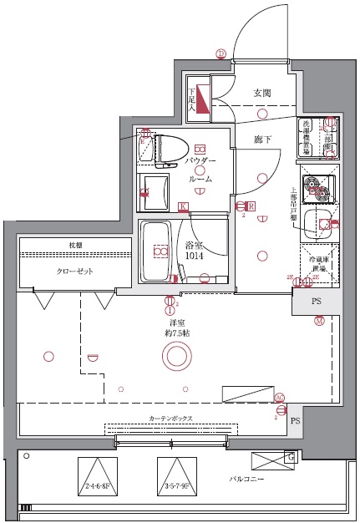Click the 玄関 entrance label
coord(262,93)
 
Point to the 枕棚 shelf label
coord(75,245)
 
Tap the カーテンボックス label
coord(172,417)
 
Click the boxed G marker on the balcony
coord(290,457)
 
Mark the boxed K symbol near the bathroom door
coord(182,206)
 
